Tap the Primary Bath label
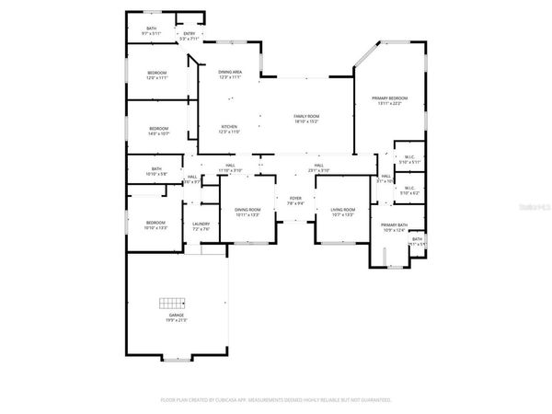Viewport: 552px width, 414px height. click(394, 227)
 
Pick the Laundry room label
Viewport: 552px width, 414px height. click(201, 224)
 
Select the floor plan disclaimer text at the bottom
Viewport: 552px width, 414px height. click(276, 400)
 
